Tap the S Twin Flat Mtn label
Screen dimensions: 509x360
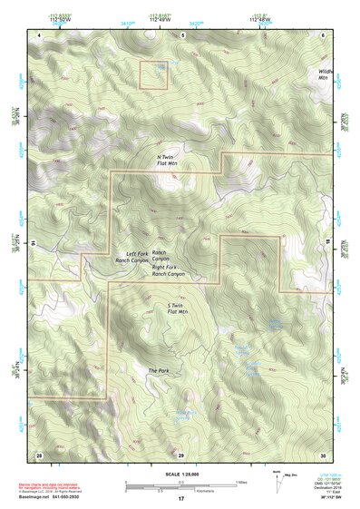point(177,308)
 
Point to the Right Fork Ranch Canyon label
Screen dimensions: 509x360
point(169,269)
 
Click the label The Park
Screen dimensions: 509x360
point(159,371)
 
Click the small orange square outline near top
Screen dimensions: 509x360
point(152,74)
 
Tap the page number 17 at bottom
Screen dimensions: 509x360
point(181,499)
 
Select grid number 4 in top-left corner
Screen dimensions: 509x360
point(39,34)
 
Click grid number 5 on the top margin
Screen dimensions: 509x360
point(181,34)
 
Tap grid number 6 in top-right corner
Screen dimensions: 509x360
point(324,34)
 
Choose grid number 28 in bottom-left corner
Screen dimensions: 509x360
point(39,453)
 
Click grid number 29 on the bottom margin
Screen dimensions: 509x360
point(181,453)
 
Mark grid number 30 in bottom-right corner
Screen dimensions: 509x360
point(323,453)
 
